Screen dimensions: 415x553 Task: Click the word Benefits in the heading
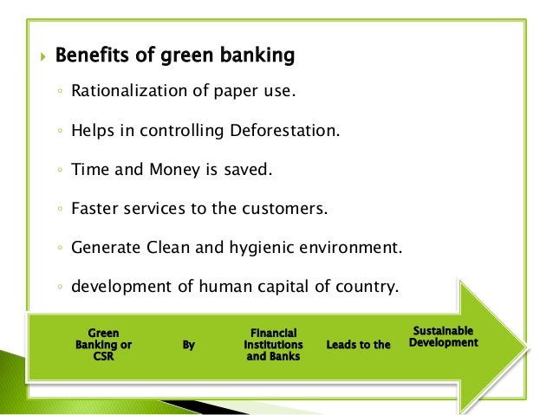[91, 57]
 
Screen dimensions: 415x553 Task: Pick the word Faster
[96, 209]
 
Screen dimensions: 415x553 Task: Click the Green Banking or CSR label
[103, 344]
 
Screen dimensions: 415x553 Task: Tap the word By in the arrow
[189, 345]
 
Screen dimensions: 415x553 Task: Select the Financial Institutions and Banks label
[273, 344]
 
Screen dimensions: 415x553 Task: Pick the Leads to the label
[358, 345]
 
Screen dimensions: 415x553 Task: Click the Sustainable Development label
[445, 336]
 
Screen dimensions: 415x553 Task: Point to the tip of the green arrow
[525, 345]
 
